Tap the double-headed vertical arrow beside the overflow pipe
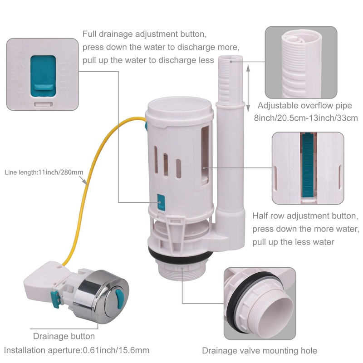[248, 88]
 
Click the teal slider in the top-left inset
[43, 75]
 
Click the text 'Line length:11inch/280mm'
[44, 172]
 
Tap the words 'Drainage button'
[64, 336]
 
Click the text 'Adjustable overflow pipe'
[304, 106]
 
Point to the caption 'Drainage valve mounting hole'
[260, 350]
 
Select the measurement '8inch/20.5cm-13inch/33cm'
[306, 118]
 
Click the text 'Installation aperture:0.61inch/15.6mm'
[77, 350]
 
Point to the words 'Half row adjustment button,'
[305, 216]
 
